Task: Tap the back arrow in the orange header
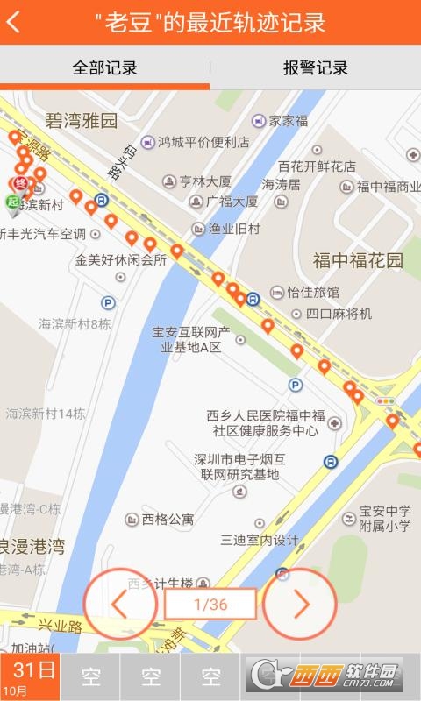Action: [13, 23]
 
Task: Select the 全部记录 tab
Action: [104, 67]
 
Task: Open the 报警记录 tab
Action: [315, 67]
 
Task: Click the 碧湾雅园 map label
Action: [82, 120]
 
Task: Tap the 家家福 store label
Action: [288, 121]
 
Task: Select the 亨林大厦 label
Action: [204, 181]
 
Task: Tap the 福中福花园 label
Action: [358, 260]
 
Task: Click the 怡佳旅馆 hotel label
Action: [312, 292]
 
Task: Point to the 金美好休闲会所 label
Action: [120, 259]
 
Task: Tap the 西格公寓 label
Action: [169, 519]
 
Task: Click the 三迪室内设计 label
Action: [260, 540]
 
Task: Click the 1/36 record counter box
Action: [210, 604]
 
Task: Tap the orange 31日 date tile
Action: [30, 676]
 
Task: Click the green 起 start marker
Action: [12, 202]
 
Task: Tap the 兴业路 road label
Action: [60, 627]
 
